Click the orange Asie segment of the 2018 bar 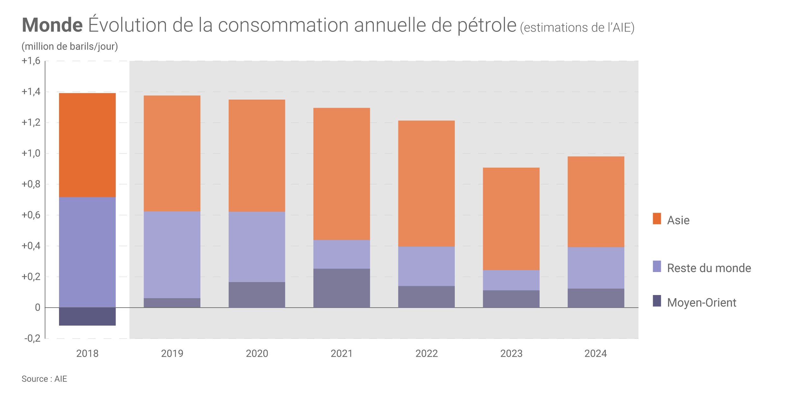[x=87, y=145]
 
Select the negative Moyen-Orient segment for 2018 [x=87, y=316]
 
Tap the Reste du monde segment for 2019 [x=172, y=255]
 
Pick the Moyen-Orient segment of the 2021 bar [x=341, y=288]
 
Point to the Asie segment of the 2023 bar [x=511, y=219]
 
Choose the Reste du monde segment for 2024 [x=596, y=268]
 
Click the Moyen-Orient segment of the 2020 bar [x=257, y=295]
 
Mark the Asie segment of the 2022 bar [x=426, y=183]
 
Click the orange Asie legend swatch [x=657, y=219]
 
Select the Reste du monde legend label [x=709, y=268]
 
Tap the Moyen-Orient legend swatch [x=657, y=301]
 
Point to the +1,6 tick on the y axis [x=31, y=61]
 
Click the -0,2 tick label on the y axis [x=33, y=339]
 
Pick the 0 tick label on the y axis [x=38, y=308]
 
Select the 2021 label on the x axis [x=341, y=354]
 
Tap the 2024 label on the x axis [x=596, y=354]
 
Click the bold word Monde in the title [x=52, y=25]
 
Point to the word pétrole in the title [x=487, y=25]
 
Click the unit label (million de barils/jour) [x=70, y=47]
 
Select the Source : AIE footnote [x=44, y=379]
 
